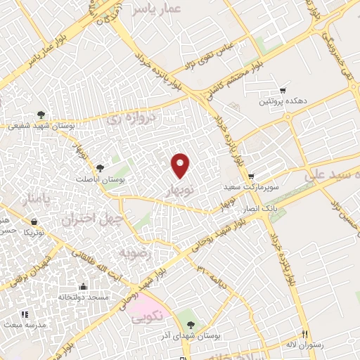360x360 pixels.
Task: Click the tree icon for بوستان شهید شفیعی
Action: pyautogui.click(x=41, y=115)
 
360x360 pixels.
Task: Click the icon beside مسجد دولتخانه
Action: pyautogui.click(x=84, y=286)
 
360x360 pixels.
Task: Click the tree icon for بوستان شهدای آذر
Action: pyautogui.click(x=191, y=324)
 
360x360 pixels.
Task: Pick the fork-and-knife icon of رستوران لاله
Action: pyautogui.click(x=304, y=333)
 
